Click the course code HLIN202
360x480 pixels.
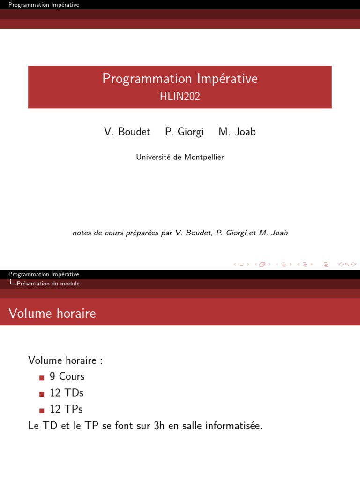click(x=180, y=97)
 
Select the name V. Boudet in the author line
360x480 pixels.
click(x=127, y=132)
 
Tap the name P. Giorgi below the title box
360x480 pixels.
click(x=184, y=132)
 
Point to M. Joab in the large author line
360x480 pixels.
click(x=237, y=132)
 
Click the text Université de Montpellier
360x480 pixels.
click(x=180, y=157)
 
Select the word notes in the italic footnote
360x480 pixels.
click(x=82, y=233)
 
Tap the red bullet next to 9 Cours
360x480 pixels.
click(x=42, y=378)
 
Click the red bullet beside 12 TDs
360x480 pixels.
click(x=42, y=394)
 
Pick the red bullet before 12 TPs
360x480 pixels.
click(x=42, y=411)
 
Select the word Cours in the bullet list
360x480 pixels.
click(x=72, y=376)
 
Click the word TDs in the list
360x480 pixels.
click(x=74, y=393)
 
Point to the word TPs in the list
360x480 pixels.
click(x=73, y=409)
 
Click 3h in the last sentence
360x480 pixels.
click(x=159, y=426)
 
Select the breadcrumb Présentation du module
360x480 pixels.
click(x=48, y=284)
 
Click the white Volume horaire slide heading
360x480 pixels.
click(x=52, y=314)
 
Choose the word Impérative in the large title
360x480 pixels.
click(x=227, y=79)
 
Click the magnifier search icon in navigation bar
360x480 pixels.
click(x=347, y=264)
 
